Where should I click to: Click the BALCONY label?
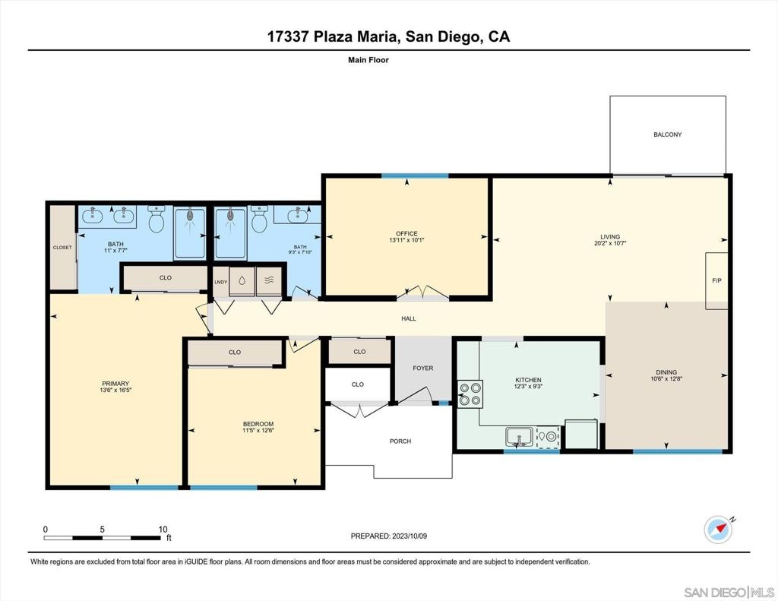[667, 134]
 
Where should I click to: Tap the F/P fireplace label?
[716, 280]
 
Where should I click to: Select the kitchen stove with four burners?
[470, 394]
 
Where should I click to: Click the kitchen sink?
[519, 437]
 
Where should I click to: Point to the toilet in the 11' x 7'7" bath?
[157, 220]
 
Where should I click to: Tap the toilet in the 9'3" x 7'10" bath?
[259, 220]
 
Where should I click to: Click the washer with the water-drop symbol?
[242, 281]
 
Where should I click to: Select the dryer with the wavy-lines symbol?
[269, 281]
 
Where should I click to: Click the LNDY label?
[221, 282]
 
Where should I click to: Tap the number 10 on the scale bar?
[163, 529]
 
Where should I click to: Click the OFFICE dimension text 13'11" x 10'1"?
[407, 240]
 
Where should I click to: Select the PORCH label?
[400, 441]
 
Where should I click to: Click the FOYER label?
[423, 369]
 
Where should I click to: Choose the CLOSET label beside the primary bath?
[62, 247]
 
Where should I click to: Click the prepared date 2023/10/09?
[410, 536]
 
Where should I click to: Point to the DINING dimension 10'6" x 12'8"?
[666, 378]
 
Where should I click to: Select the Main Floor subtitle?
[368, 60]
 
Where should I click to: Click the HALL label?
[409, 318]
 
